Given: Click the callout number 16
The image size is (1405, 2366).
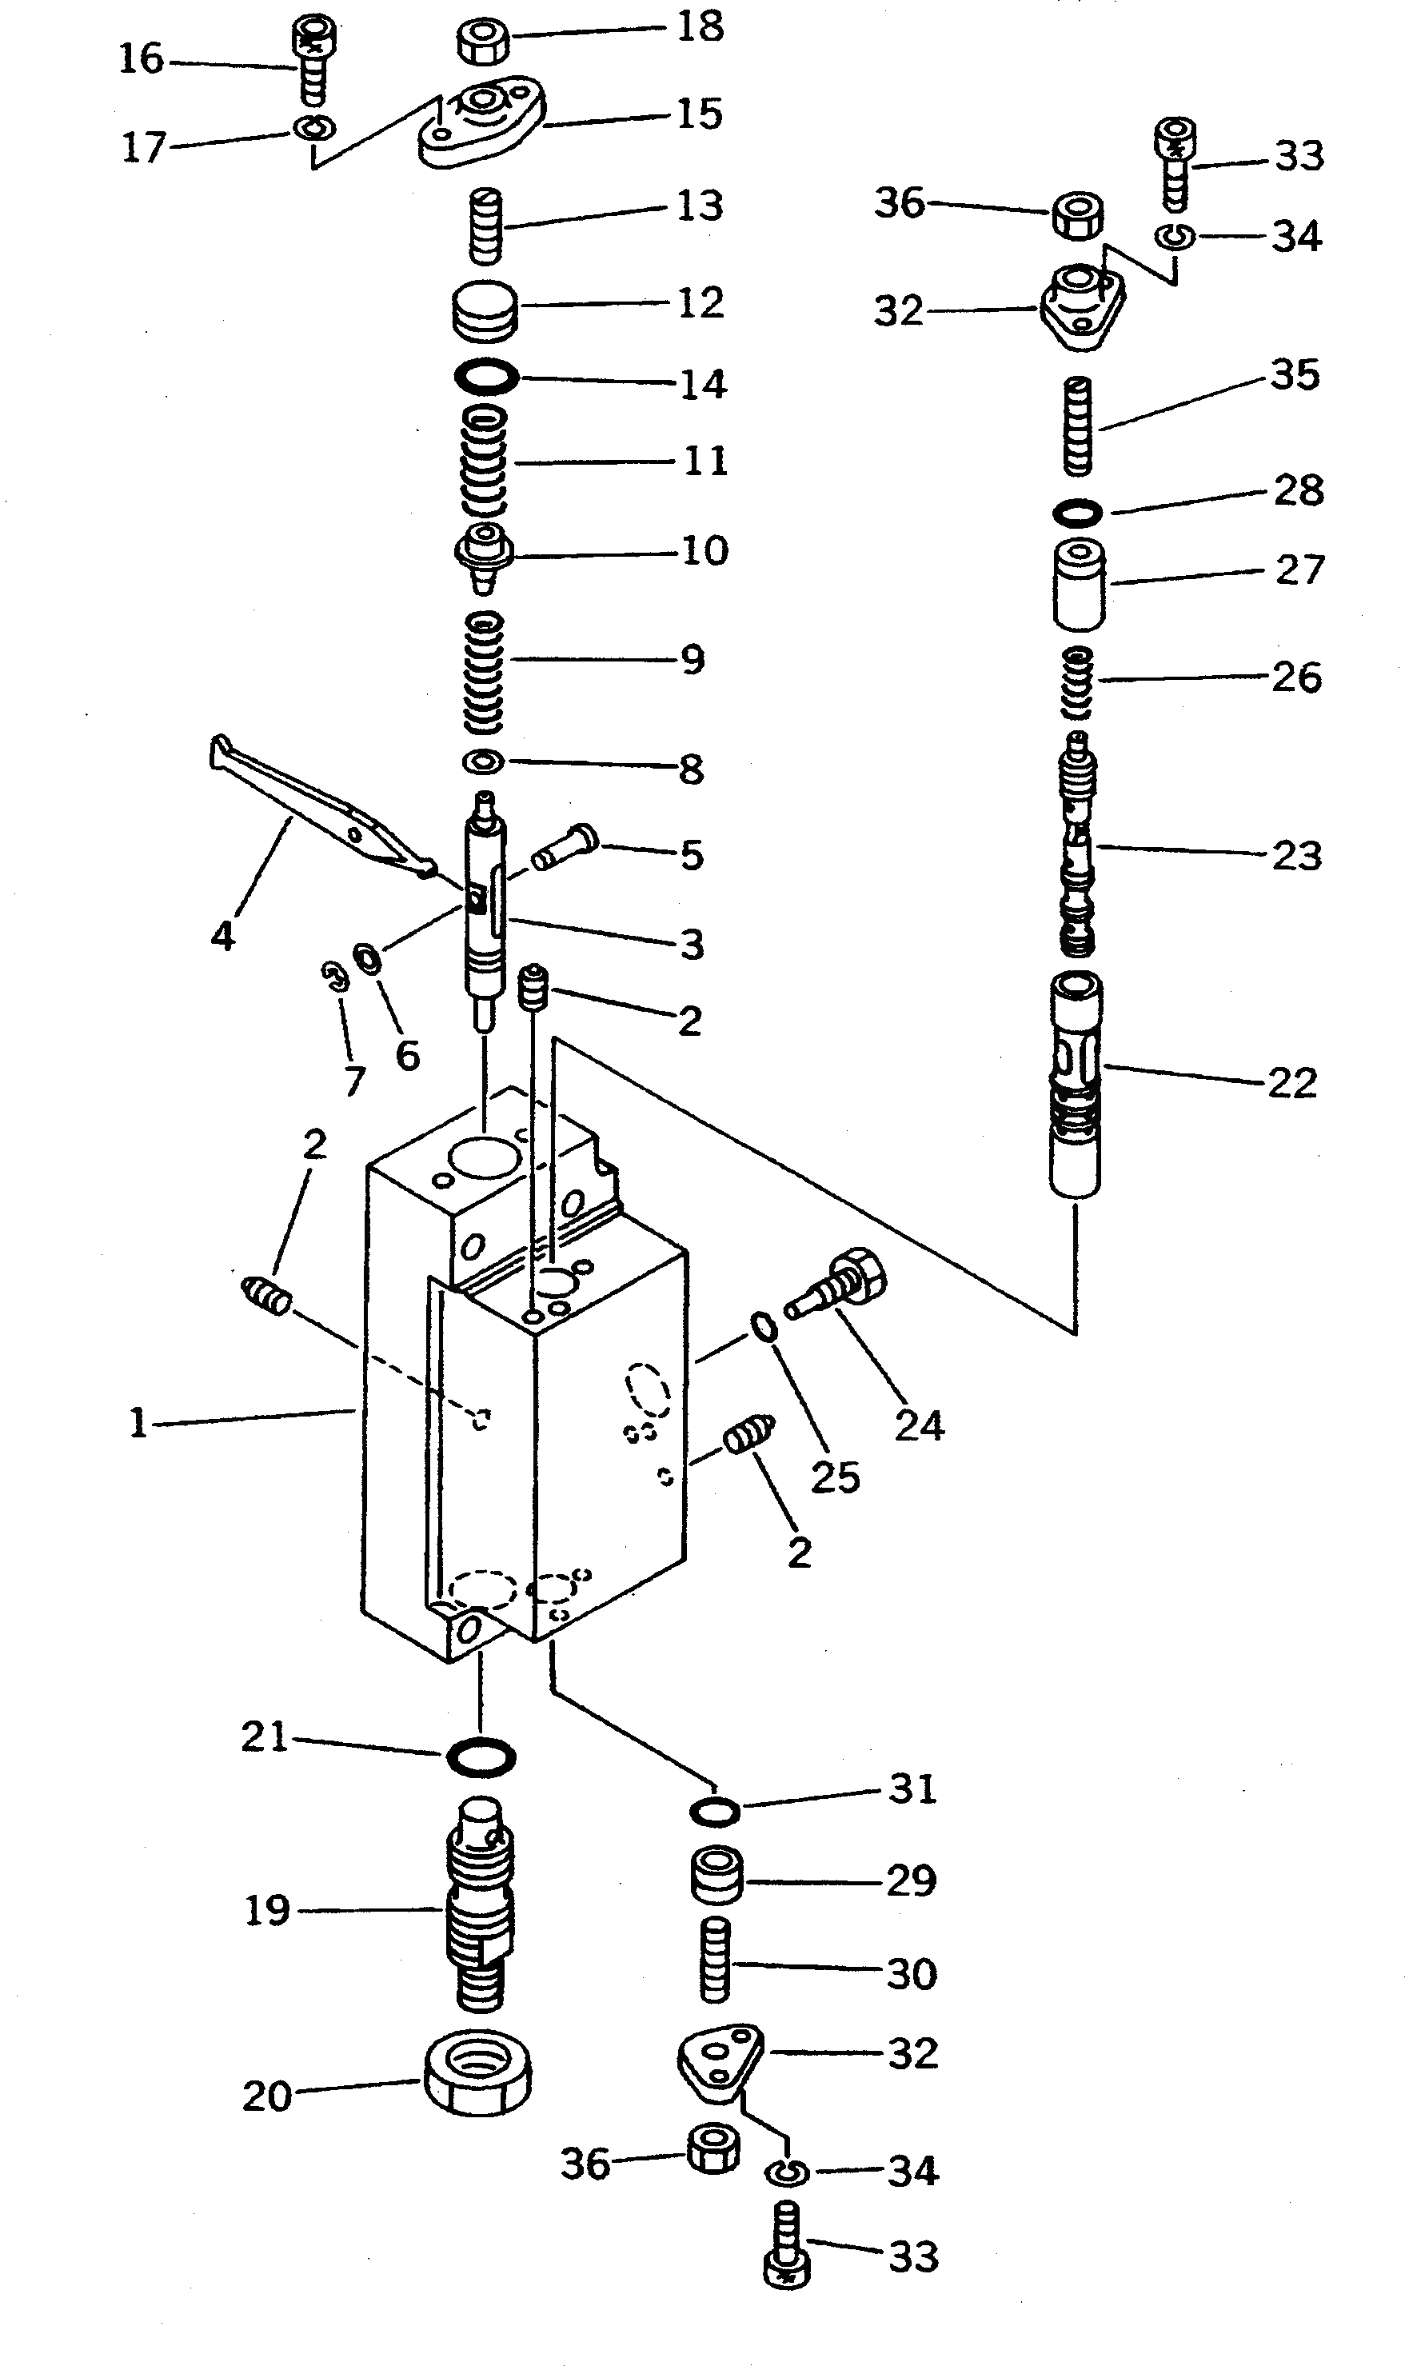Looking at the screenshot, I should [x=141, y=58].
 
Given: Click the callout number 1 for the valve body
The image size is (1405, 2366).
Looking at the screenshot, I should [x=138, y=1422].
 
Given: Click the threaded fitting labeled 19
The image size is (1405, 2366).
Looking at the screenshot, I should [x=480, y=1901].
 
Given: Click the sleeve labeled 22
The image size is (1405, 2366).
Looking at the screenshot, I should [x=1076, y=1084].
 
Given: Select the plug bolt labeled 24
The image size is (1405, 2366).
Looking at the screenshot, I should [x=839, y=1285].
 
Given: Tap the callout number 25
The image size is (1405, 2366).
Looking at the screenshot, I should [x=835, y=1477].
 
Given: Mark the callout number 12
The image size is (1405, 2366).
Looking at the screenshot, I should [x=701, y=303].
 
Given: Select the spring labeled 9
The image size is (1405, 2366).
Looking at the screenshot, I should [x=484, y=672].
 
